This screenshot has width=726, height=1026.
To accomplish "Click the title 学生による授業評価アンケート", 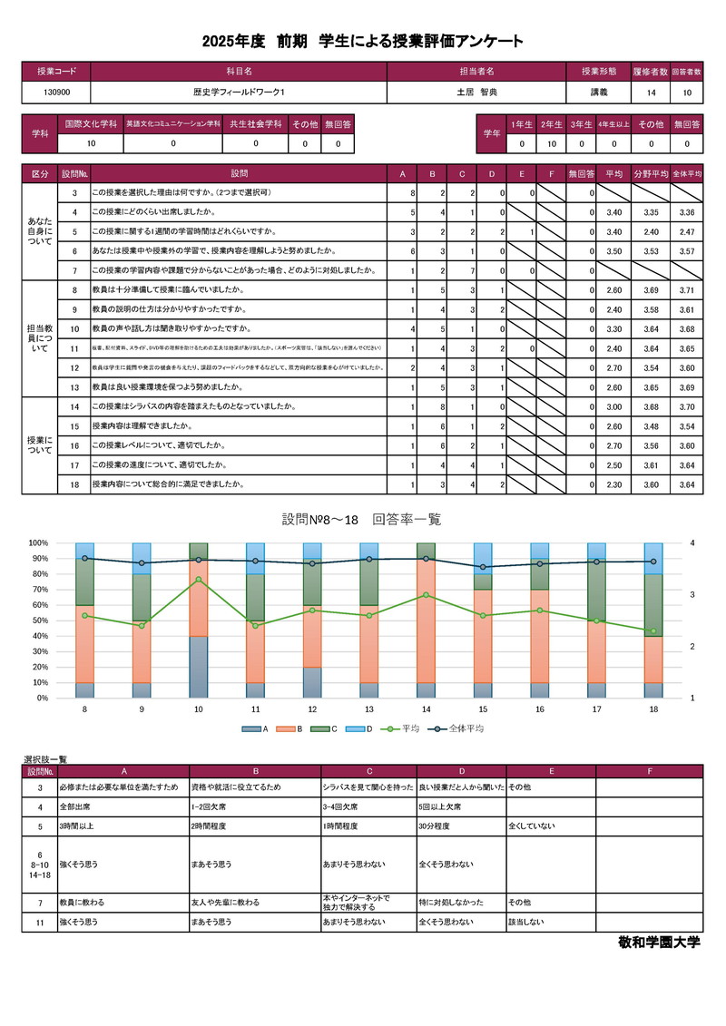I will point(421,42).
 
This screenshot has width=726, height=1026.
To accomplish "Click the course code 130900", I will point(56,93).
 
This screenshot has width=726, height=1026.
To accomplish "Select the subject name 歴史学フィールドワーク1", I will point(239,93).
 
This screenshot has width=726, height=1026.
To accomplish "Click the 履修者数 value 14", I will point(651,93).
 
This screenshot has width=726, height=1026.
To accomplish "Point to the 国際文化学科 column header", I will point(91,123).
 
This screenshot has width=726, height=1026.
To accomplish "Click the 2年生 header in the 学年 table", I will point(550,123).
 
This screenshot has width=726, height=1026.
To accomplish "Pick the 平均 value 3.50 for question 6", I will point(613,250).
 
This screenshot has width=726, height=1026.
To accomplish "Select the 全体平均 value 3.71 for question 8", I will point(686,290).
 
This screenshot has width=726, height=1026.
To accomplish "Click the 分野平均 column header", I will point(650,173).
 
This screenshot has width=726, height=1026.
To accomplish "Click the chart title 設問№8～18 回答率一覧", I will point(361,520).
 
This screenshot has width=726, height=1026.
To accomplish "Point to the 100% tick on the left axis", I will point(38,543).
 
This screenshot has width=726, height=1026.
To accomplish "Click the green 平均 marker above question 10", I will point(199,580).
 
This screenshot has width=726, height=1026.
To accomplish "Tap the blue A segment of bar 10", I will point(199,667).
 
